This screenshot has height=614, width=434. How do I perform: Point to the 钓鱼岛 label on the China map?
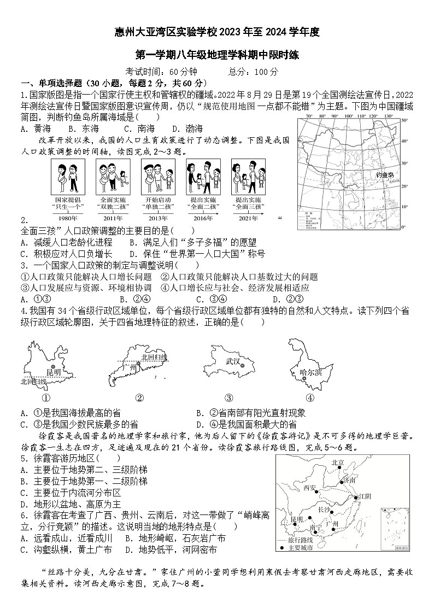(385, 175)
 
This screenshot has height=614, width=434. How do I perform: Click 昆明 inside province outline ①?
(54, 372)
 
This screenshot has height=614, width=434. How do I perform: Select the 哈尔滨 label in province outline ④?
(311, 372)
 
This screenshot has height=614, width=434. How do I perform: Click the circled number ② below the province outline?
(139, 397)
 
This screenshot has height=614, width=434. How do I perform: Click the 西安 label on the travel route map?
(309, 487)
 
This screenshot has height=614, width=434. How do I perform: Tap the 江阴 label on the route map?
(365, 496)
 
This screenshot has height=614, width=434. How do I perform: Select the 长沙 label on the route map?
(324, 510)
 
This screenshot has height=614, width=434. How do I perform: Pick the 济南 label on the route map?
(349, 479)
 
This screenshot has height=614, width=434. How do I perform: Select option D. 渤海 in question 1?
(187, 128)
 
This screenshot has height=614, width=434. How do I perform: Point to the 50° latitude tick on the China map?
(404, 120)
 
